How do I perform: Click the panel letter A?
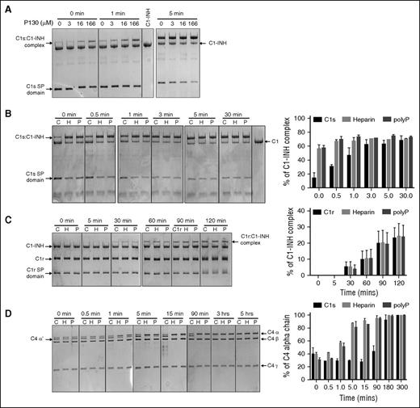[6, 6]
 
